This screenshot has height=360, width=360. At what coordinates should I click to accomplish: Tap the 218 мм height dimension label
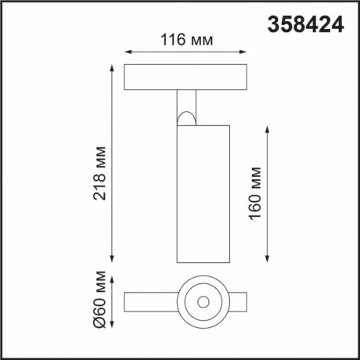[99, 173]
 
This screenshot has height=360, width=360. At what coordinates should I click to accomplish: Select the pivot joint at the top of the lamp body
[186, 118]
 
